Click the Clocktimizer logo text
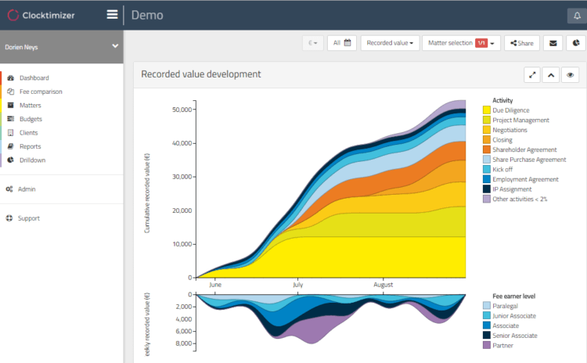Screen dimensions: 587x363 [49, 16]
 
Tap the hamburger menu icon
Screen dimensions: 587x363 [112, 15]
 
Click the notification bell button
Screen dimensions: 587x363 [577, 16]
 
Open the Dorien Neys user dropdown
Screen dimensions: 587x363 [61, 47]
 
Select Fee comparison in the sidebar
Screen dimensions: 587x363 [41, 92]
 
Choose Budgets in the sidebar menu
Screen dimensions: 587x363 [31, 119]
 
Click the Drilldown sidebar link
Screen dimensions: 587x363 [33, 160]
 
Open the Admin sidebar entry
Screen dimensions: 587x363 [27, 189]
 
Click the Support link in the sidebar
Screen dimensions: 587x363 [29, 218]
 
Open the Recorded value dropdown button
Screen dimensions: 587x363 [390, 43]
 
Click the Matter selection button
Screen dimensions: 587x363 [462, 43]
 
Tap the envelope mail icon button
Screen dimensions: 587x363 [553, 43]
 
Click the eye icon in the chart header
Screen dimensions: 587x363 [570, 75]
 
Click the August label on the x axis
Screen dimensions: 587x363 [383, 285]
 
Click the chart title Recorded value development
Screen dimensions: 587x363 [201, 74]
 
